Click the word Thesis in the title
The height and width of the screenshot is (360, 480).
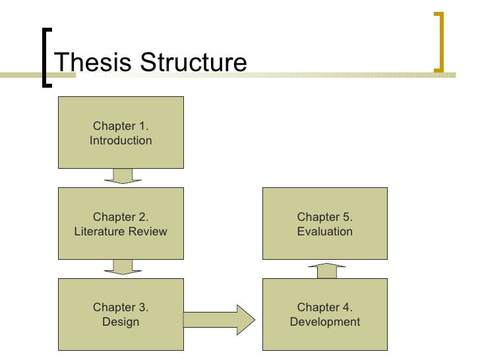click(89, 63)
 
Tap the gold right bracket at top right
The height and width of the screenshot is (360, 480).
click(438, 41)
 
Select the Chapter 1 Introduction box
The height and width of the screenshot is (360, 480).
click(121, 132)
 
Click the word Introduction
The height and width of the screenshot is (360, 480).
click(121, 140)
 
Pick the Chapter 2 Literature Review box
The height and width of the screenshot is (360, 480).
click(121, 223)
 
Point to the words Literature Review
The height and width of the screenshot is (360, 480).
click(121, 231)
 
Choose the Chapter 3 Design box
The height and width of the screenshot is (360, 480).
click(121, 314)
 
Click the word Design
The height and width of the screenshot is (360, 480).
click(121, 322)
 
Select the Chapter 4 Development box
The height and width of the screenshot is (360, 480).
click(325, 314)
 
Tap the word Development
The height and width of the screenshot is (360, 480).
click(325, 322)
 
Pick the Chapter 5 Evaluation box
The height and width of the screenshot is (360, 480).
click(325, 223)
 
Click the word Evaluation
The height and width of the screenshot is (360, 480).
click(325, 231)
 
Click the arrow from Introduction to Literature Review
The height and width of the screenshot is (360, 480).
click(123, 176)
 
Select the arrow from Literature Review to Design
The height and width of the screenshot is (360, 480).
click(123, 267)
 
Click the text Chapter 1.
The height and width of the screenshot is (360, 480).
click(121, 126)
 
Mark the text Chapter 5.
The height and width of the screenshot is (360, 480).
click(325, 217)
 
